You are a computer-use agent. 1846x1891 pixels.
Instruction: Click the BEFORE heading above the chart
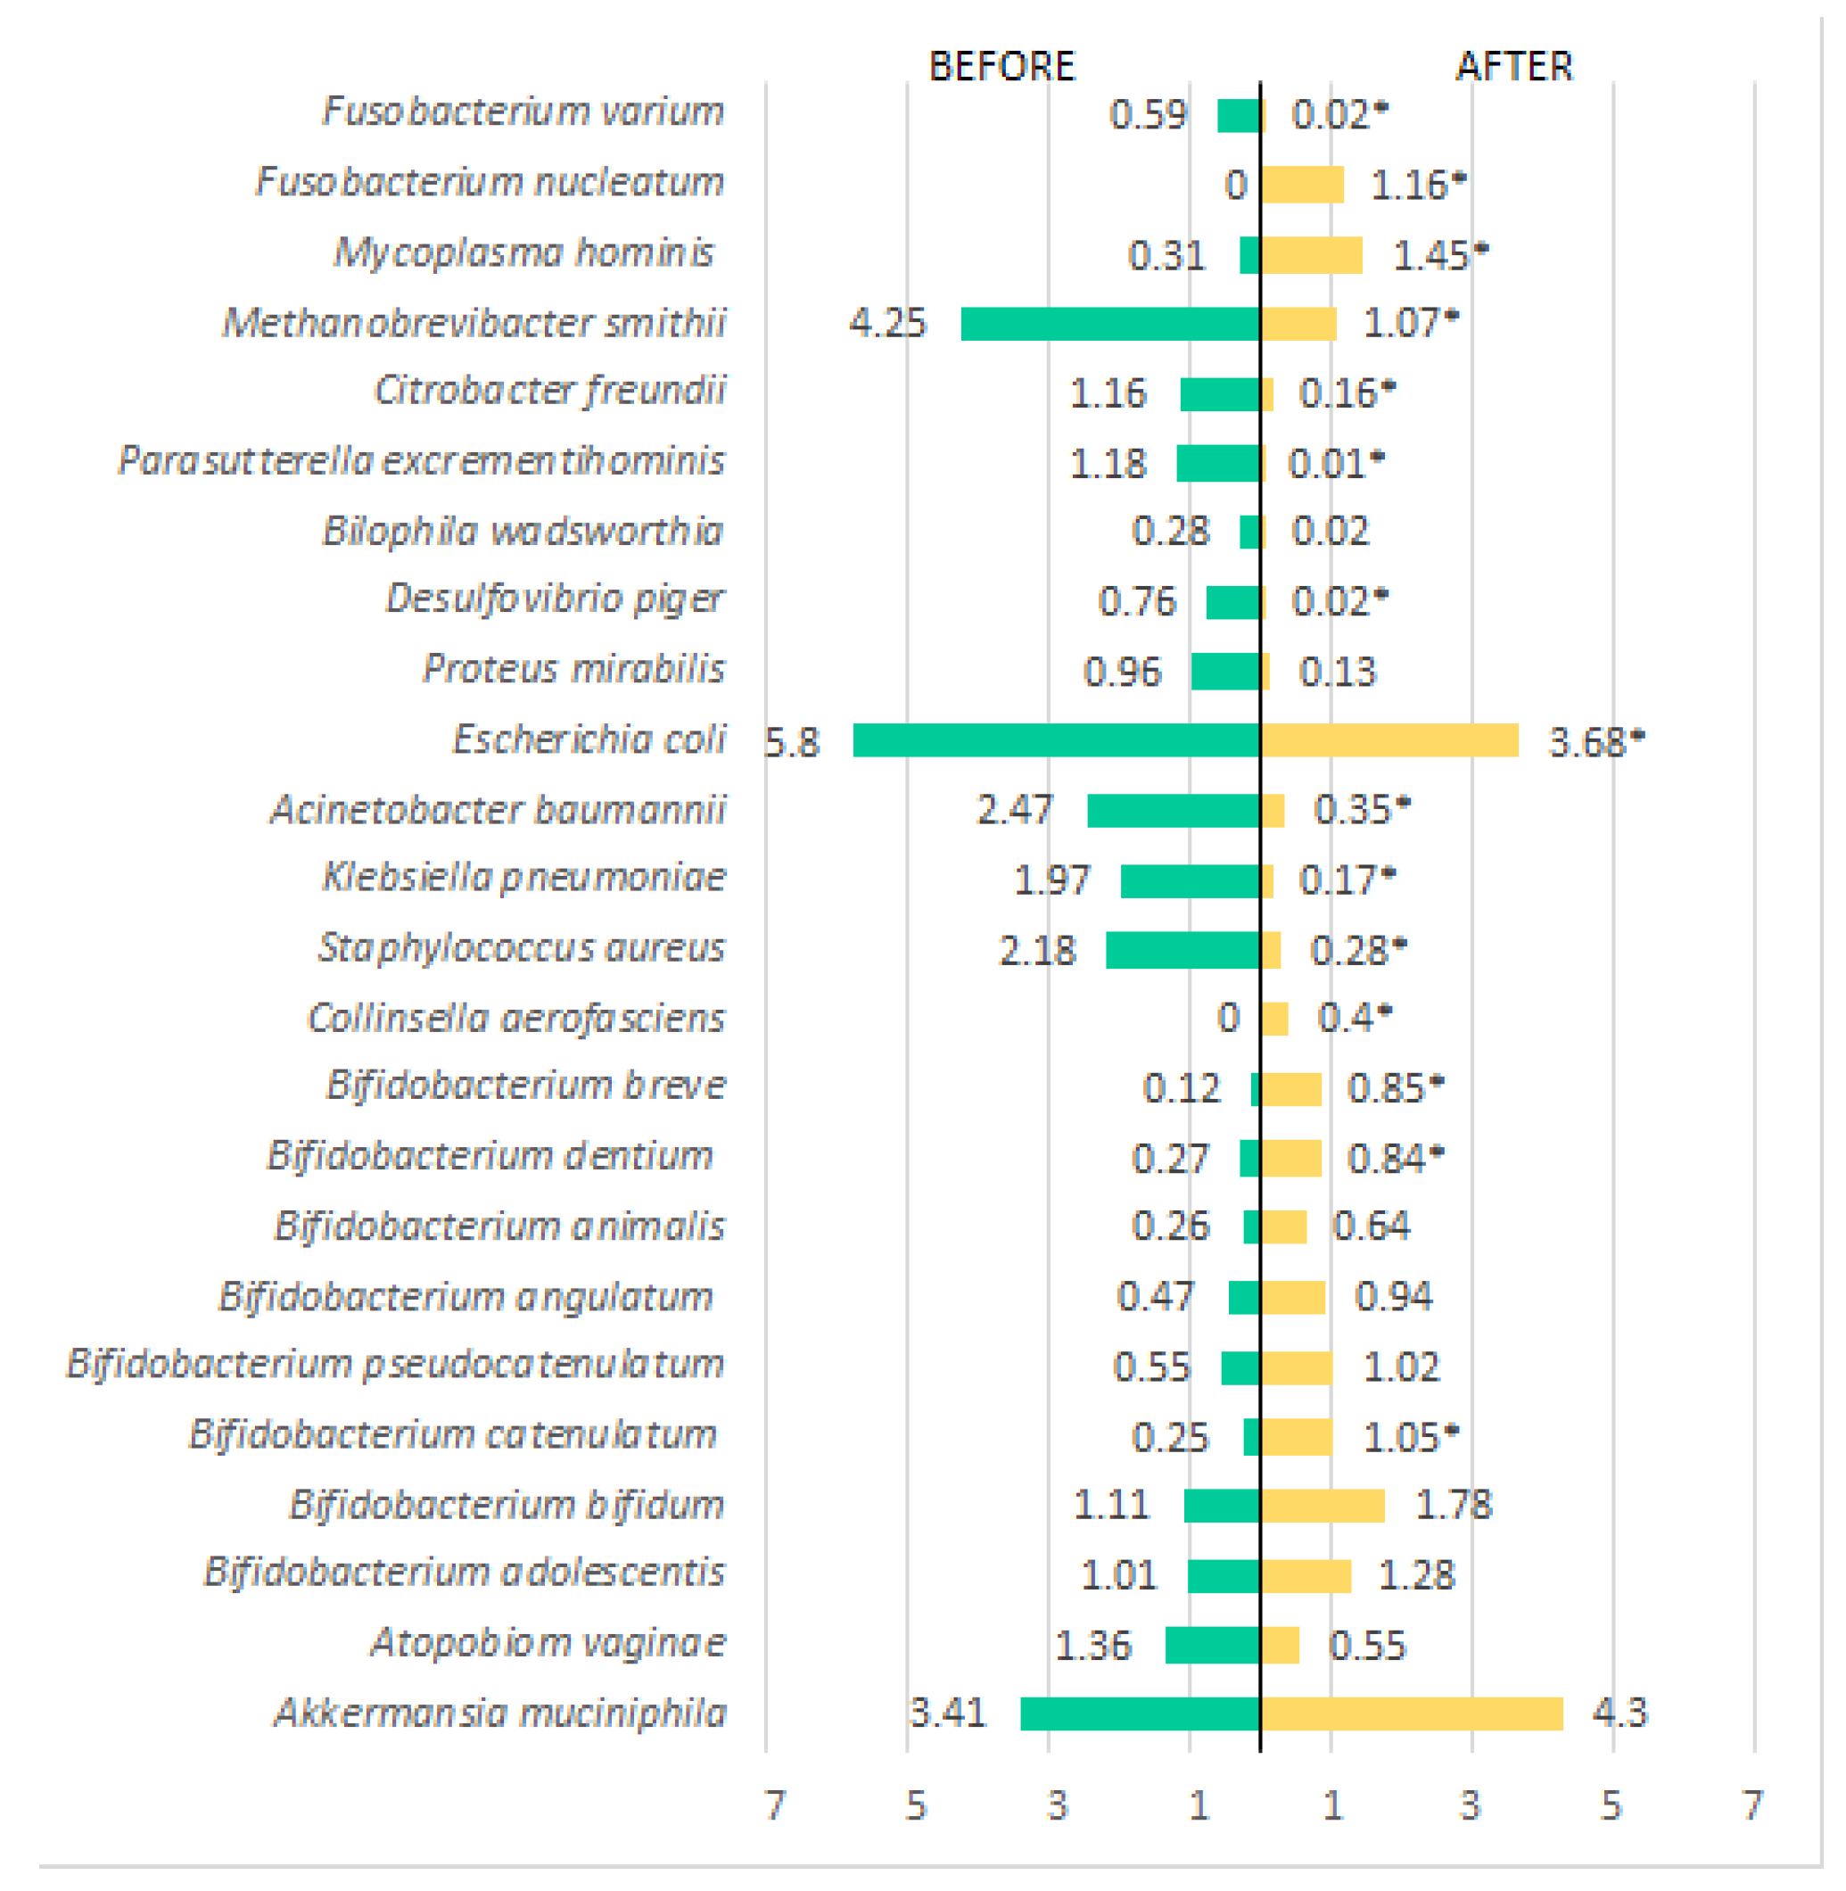pyautogui.click(x=1001, y=67)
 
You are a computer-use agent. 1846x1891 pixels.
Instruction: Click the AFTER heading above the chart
pyautogui.click(x=1513, y=67)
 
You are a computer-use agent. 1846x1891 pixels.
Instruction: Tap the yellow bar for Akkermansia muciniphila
pyautogui.click(x=1411, y=1713)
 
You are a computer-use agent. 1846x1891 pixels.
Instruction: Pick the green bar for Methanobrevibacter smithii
pyautogui.click(x=1109, y=324)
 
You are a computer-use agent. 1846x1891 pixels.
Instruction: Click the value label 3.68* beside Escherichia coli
pyautogui.click(x=1596, y=743)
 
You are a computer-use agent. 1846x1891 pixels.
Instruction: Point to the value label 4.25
pyautogui.click(x=887, y=323)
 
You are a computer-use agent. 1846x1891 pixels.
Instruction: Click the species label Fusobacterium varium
pyautogui.click(x=523, y=111)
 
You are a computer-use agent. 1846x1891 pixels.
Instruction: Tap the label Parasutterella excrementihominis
pyautogui.click(x=421, y=460)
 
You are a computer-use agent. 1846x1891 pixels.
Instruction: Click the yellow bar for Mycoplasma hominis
pyautogui.click(x=1311, y=255)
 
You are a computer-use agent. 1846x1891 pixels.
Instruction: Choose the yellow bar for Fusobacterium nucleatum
pyautogui.click(x=1302, y=185)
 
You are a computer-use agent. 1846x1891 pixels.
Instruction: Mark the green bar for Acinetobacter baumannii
pyautogui.click(x=1173, y=811)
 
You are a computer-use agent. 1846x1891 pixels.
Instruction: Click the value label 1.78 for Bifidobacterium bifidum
pyautogui.click(x=1453, y=1504)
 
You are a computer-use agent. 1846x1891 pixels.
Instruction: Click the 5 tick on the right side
pyautogui.click(x=1611, y=1805)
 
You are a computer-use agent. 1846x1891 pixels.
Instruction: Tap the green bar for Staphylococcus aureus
pyautogui.click(x=1182, y=950)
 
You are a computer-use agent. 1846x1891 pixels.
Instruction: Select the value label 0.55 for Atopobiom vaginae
pyautogui.click(x=1366, y=1646)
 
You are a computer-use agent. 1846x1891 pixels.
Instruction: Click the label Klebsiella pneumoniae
pyautogui.click(x=523, y=878)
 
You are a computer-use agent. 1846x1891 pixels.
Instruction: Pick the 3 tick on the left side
pyautogui.click(x=1056, y=1805)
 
